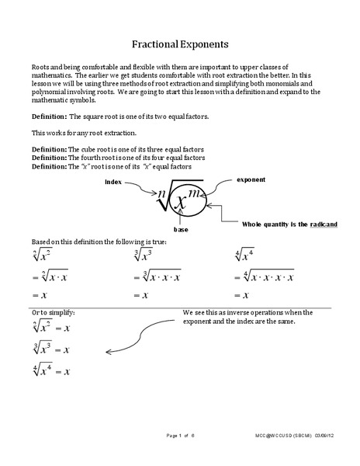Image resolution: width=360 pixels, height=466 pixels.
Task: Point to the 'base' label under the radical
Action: click(181, 231)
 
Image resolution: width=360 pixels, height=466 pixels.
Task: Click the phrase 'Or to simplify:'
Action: click(52, 312)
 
